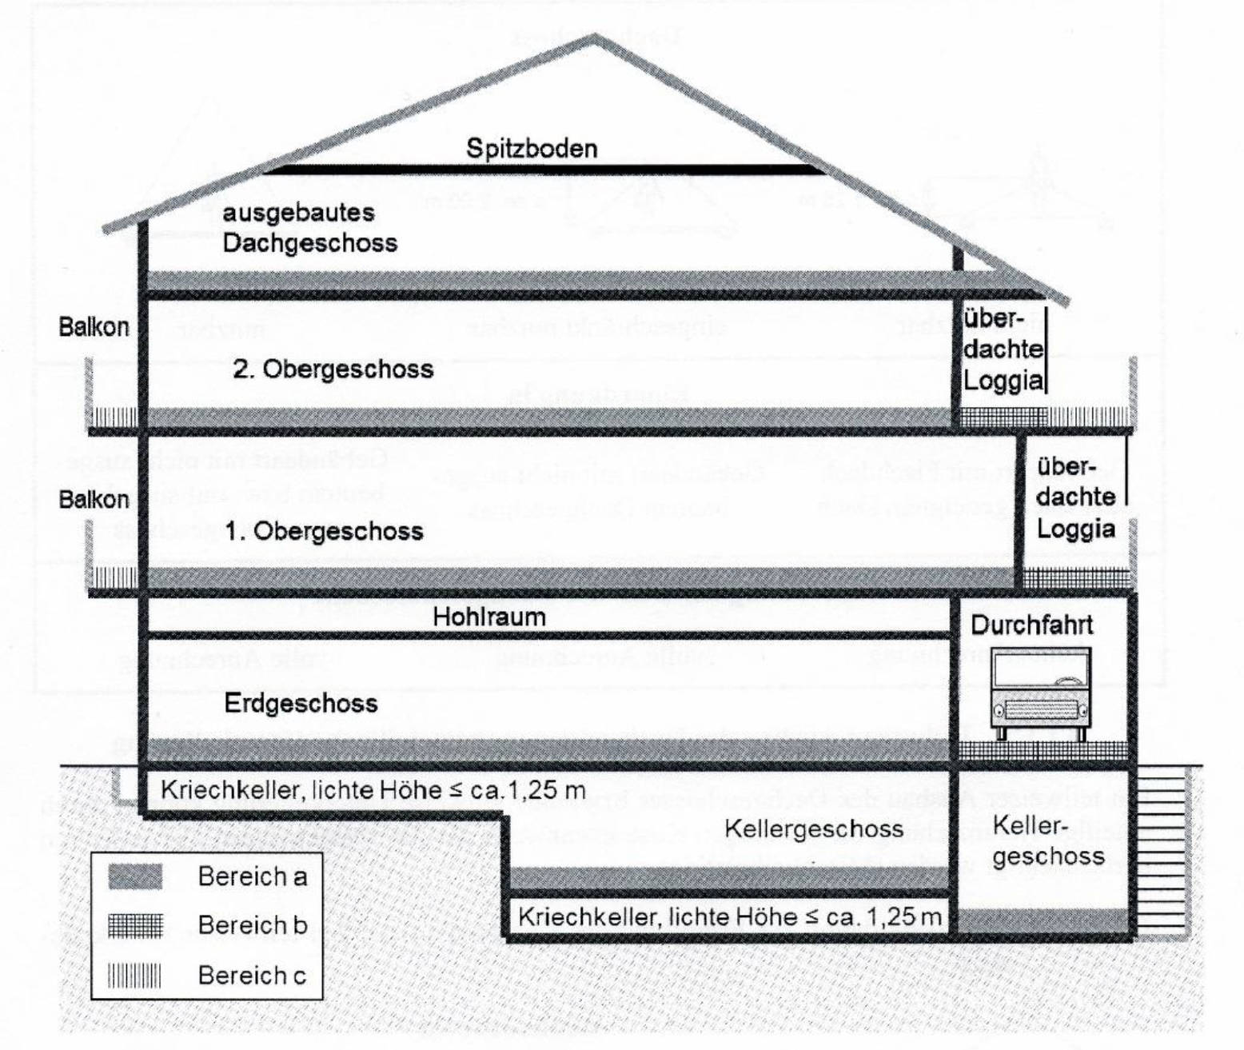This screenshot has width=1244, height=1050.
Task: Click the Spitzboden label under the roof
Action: pos(532,149)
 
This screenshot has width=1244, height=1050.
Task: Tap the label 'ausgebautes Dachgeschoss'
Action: pos(309,228)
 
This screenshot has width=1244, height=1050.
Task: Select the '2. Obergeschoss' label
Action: pos(333,369)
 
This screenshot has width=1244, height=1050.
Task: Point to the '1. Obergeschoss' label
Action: pos(324,531)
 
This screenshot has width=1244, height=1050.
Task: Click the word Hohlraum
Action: pos(489,617)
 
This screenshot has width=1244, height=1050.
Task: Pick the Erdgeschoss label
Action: pos(301,704)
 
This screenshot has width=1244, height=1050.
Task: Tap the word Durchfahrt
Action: pos(1031,625)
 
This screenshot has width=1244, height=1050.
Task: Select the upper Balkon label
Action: pos(94,327)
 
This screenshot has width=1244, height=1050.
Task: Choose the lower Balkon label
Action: pos(94,500)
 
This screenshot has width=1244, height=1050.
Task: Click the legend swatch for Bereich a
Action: pos(135,877)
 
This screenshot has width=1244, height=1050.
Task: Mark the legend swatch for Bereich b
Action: pos(135,926)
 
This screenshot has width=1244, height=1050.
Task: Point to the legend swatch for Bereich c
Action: pos(135,976)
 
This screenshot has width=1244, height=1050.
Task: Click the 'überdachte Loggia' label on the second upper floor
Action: pos(1003,349)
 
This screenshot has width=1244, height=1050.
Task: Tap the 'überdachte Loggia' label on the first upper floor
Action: pos(1076,497)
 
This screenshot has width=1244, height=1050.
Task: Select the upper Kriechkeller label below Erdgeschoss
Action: pos(373,790)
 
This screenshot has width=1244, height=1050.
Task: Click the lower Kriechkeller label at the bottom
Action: pos(729,916)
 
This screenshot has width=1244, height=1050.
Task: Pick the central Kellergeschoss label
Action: pos(814,828)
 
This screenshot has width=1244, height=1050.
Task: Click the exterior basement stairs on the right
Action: pos(1161,848)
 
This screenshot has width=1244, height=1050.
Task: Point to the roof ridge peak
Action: pos(594,40)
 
